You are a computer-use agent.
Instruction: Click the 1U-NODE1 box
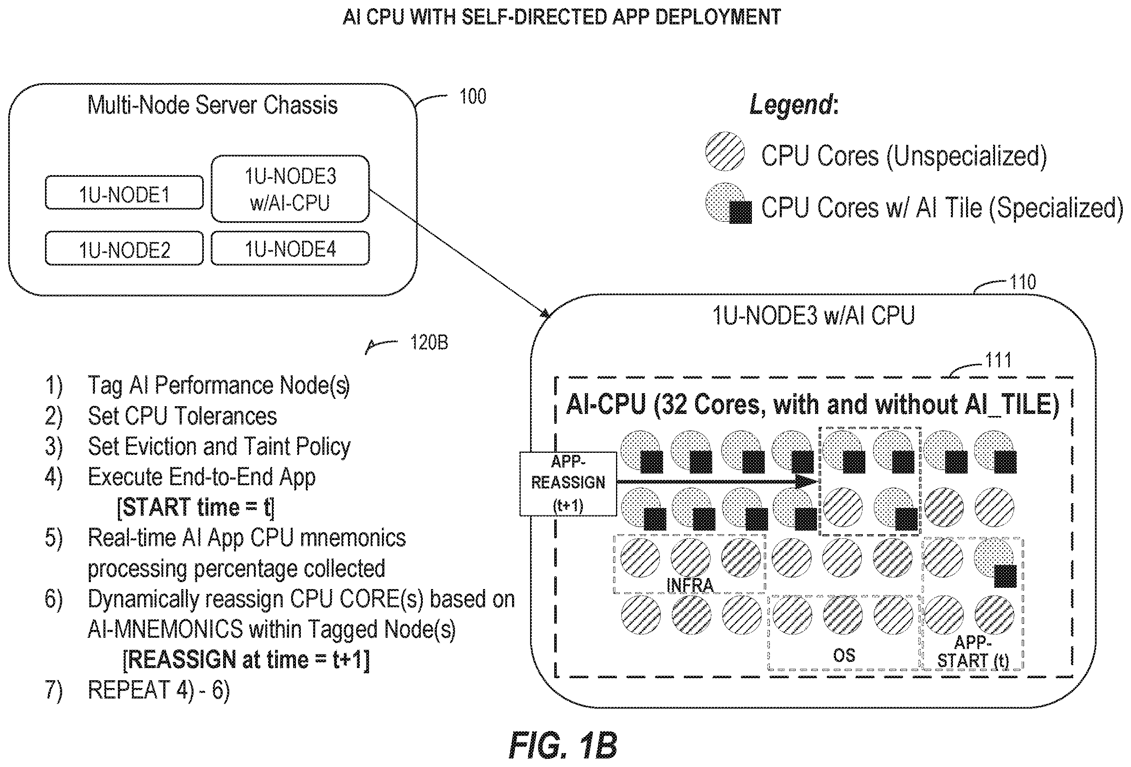[124, 193]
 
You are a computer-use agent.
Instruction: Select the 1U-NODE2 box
[124, 248]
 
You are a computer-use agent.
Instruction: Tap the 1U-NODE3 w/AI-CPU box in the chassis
[290, 189]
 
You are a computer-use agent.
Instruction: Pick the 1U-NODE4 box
[290, 248]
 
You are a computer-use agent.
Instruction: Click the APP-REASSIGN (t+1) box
[568, 484]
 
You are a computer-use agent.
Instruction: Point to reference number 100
[472, 97]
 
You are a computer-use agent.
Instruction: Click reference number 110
[1023, 282]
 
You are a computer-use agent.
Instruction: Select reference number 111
[998, 360]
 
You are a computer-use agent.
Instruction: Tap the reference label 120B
[429, 342]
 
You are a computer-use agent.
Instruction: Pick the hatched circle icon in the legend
[725, 151]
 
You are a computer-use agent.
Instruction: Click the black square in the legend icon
[740, 212]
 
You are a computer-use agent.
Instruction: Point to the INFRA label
[690, 585]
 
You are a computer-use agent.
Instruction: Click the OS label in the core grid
[844, 655]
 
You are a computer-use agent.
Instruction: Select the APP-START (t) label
[973, 651]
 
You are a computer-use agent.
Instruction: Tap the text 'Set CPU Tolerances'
[182, 416]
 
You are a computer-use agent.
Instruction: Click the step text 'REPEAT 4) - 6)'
[159, 690]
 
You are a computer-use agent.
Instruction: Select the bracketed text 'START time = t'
[196, 507]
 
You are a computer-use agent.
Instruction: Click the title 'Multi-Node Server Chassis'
[212, 105]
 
